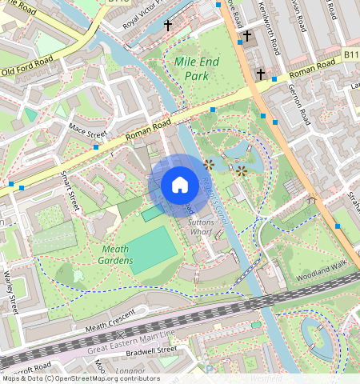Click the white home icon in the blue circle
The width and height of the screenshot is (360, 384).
point(180,186)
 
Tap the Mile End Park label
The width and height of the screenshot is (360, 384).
point(192,68)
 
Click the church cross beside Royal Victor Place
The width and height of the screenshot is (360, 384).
point(168,26)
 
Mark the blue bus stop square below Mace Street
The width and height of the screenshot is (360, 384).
point(96,147)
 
